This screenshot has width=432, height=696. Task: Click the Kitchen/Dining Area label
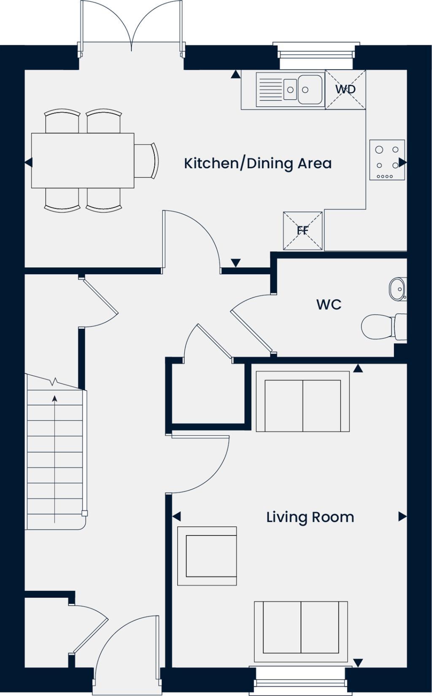(257, 163)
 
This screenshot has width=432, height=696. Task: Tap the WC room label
(329, 304)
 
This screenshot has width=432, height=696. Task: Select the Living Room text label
(310, 517)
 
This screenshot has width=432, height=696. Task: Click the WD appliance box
(345, 89)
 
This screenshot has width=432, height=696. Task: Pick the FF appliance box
(302, 230)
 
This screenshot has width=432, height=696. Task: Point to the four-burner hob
(387, 160)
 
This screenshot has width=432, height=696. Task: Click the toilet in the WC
(382, 326)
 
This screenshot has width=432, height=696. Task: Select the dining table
(83, 160)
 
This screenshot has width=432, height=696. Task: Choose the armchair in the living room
(207, 556)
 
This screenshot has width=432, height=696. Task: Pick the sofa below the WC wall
(302, 401)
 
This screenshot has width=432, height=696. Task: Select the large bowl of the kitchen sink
(310, 89)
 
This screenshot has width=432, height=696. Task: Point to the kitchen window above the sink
(316, 55)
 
